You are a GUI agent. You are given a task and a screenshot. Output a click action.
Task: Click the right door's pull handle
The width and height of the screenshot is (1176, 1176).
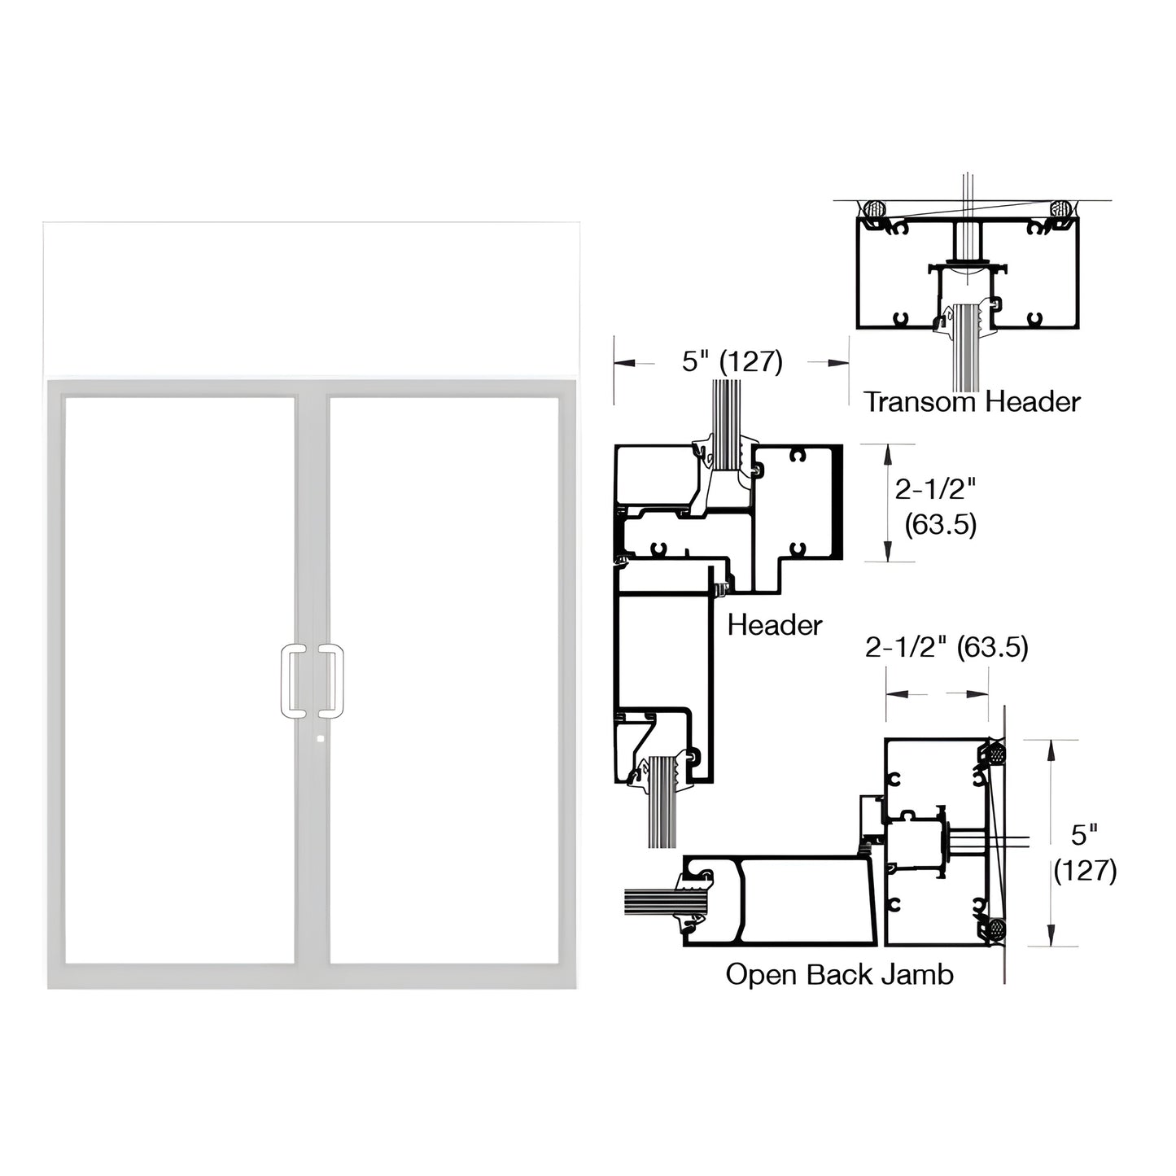(x=330, y=682)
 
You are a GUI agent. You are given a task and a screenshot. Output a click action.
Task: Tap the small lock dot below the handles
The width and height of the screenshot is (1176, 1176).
(x=319, y=739)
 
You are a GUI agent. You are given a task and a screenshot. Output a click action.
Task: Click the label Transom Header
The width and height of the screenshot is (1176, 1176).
(x=972, y=401)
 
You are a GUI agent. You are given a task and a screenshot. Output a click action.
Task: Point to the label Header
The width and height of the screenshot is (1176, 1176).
(x=774, y=625)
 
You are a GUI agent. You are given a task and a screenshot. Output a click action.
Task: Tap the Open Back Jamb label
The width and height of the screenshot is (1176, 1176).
(x=839, y=974)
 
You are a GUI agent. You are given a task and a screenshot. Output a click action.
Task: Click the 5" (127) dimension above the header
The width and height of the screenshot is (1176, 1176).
(x=732, y=361)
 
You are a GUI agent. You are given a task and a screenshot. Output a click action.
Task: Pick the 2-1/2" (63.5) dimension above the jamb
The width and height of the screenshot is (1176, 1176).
(x=946, y=647)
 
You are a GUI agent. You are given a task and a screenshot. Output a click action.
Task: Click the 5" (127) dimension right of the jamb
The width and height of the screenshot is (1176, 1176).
(x=1085, y=852)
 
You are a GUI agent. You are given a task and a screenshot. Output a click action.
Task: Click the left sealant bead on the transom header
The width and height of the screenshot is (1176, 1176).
(x=875, y=208)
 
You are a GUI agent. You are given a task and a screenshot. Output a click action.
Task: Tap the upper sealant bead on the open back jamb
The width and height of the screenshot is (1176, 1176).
(x=995, y=754)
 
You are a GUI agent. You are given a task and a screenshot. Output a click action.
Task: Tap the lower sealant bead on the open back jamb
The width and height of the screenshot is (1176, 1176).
(x=995, y=928)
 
